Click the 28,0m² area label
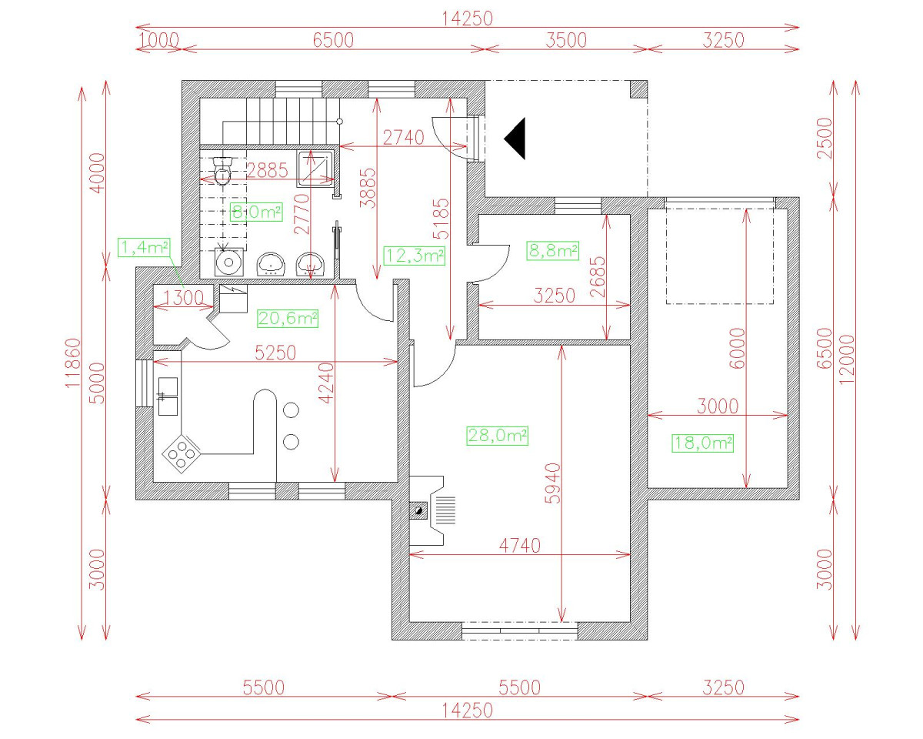(x=497, y=436)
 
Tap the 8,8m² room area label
(x=552, y=250)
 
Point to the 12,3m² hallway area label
(x=414, y=256)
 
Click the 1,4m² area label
(x=144, y=247)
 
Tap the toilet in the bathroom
(x=223, y=172)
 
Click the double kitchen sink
(x=168, y=396)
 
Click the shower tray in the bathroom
(x=315, y=168)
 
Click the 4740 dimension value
(x=520, y=546)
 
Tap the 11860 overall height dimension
(x=72, y=363)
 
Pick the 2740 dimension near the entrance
(x=403, y=138)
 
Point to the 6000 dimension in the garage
(x=737, y=349)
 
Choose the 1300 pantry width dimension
(x=183, y=298)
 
